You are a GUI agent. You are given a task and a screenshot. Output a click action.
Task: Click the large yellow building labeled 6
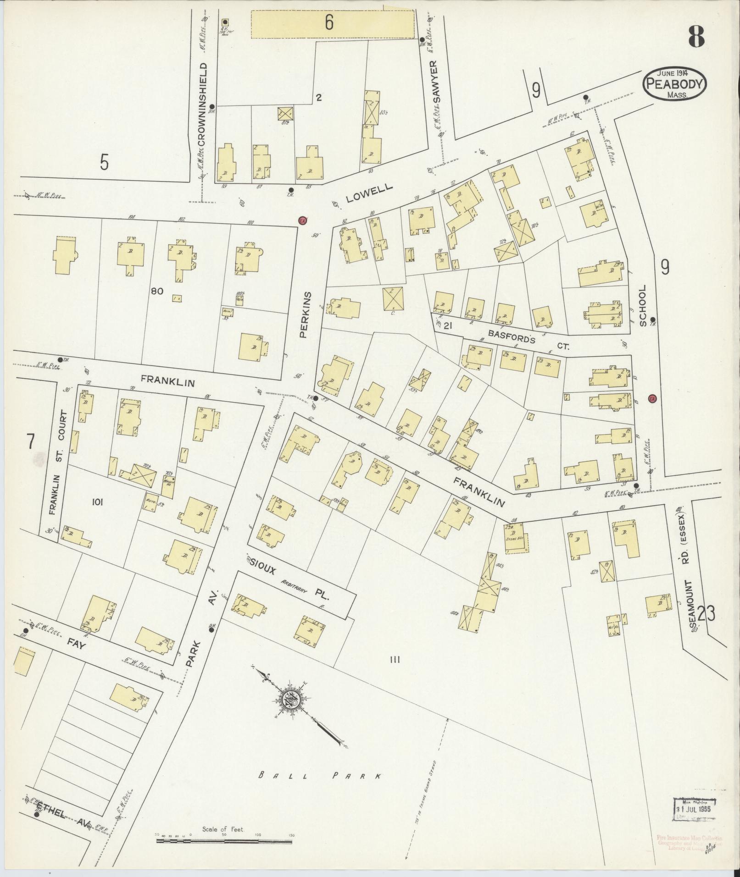332,24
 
